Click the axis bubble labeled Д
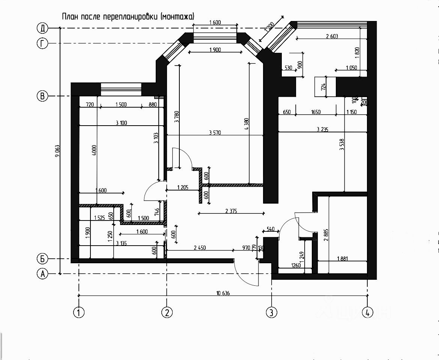[43, 28]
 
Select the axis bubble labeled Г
[43, 43]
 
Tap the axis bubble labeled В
[43, 96]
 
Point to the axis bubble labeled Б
[43, 258]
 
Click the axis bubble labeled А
[43, 274]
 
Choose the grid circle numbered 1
[79, 312]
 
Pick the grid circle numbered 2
[167, 312]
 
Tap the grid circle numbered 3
[271, 312]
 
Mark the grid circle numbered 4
[368, 312]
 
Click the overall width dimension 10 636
[223, 293]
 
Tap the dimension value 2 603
[332, 36]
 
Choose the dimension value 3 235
[322, 129]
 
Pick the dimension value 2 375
[231, 211]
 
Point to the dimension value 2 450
[200, 248]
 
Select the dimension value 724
[323, 87]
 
